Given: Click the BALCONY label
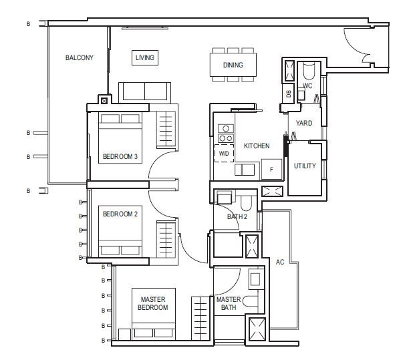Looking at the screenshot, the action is (79, 57).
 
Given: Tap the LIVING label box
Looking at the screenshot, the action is (145, 57).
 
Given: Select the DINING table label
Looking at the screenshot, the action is (233, 65).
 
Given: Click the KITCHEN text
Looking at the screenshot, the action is (257, 146).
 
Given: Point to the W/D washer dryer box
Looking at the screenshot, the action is (224, 154).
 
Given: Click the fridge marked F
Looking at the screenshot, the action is (271, 169).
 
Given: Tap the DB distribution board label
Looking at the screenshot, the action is (289, 94).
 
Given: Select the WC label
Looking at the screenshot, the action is (307, 85).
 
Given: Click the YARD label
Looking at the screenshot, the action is (304, 123).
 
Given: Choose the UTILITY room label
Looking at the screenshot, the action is (305, 166).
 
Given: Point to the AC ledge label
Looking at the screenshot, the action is (280, 262).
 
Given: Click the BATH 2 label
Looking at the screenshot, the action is (237, 216).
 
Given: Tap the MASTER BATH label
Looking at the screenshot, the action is (229, 303).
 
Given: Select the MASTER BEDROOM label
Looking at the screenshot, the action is (153, 303).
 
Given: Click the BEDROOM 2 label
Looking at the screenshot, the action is (120, 214).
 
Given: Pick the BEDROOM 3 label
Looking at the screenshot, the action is (120, 157).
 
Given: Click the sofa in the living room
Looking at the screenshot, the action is (144, 93).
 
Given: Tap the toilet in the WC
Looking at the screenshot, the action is (309, 71).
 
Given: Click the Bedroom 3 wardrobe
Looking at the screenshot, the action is (166, 130).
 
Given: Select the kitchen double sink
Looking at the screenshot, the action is (245, 170).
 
